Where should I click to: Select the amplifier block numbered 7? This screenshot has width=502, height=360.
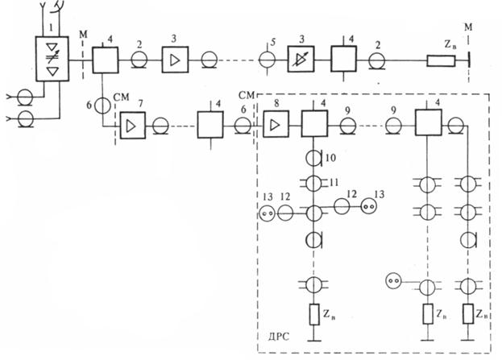coord(129,125)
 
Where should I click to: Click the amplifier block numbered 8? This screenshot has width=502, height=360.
coord(275,125)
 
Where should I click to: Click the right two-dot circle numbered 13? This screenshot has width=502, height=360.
coord(370,205)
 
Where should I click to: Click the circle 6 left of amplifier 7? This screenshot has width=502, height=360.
coord(104,106)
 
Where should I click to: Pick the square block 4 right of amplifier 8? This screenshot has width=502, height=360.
coord(313,125)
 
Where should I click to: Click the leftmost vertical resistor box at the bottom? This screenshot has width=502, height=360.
coord(313,313)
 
